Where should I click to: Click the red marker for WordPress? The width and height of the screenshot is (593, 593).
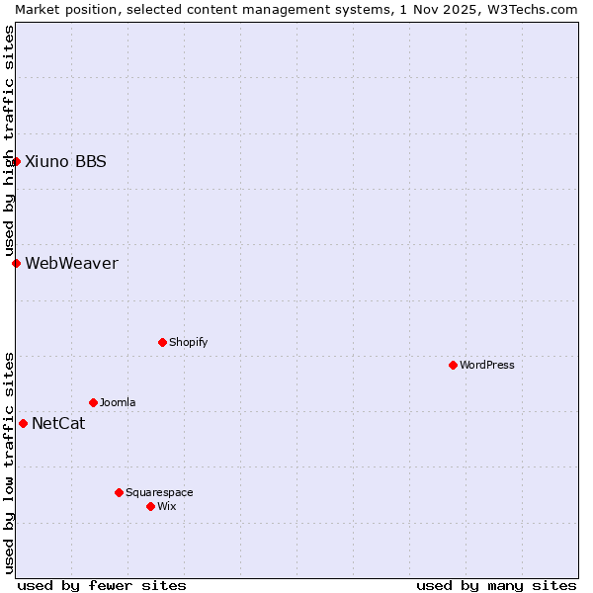454,365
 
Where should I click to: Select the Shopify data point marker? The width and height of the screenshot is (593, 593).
163,342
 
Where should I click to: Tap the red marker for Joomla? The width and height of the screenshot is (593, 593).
94,402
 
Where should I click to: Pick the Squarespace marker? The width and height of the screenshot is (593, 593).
120,492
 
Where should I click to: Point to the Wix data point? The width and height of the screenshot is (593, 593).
151,506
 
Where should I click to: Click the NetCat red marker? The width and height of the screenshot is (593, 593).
24,423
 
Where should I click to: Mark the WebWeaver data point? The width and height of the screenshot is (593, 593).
17,263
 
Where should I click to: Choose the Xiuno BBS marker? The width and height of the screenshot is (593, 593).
17,161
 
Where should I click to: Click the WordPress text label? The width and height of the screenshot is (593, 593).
487,365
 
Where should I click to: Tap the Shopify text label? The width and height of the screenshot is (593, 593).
189,342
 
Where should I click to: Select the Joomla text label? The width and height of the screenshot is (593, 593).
118,402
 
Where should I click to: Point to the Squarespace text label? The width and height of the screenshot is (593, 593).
159,492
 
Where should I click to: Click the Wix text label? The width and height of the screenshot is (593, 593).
167,506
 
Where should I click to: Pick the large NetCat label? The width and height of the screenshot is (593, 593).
58,424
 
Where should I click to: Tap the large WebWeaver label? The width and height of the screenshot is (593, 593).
71,263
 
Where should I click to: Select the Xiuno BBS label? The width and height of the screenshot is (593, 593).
65,161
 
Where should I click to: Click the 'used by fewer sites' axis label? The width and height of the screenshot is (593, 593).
102,585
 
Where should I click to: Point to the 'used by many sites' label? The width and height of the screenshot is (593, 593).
496,585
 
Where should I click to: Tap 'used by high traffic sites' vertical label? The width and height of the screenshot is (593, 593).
9,140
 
